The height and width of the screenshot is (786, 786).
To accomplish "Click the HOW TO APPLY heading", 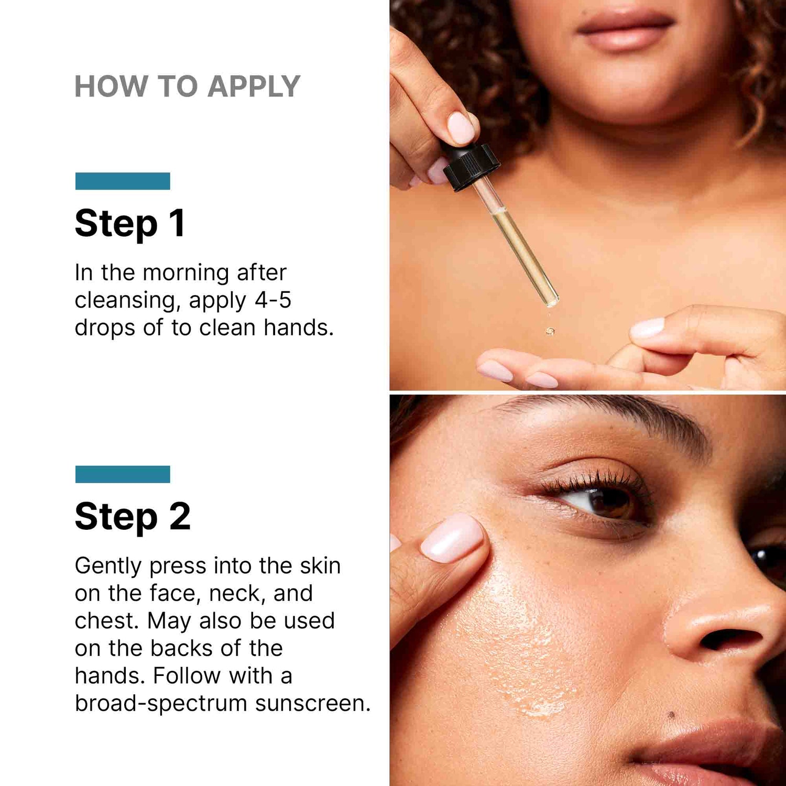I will (x=187, y=86).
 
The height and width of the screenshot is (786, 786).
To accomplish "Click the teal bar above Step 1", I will (x=123, y=181).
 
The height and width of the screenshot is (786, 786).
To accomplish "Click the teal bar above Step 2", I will (x=123, y=474).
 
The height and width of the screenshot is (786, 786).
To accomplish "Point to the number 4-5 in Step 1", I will (x=272, y=300).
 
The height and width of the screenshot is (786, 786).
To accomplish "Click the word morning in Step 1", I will (x=185, y=273).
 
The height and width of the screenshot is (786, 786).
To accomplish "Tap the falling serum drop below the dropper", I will (x=550, y=331).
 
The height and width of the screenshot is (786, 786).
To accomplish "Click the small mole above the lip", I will (x=671, y=715).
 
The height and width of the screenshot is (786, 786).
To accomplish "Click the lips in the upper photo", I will (x=625, y=29).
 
